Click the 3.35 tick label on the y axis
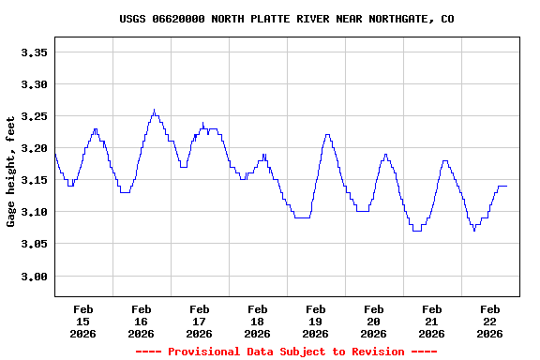34,52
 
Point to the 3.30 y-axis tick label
34,84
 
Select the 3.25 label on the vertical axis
34,116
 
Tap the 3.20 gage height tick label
34,148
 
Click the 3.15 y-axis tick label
34,180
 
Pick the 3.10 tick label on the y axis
34,212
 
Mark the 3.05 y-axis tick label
34,244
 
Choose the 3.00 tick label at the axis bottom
34,277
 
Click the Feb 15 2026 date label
83,321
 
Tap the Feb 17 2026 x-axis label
200,321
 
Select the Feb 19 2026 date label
316,321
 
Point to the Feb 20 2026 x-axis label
374,321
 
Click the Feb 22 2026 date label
489,321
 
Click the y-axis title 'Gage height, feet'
11,172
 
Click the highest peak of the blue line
154,110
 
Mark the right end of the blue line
506,186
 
